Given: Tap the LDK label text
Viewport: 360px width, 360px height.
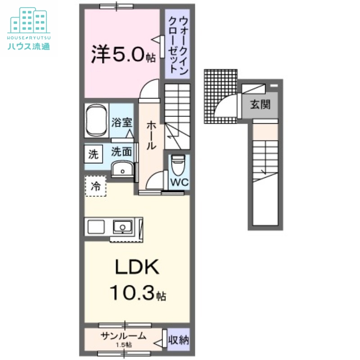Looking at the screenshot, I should click(136, 268).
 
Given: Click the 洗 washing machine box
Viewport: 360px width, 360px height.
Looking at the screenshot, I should click(93, 155).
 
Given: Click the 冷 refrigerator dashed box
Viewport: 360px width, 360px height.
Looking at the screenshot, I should click(95, 185).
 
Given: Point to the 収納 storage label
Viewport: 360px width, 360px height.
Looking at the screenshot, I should click(178, 340).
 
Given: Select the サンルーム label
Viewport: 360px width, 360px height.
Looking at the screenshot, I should click(123, 336).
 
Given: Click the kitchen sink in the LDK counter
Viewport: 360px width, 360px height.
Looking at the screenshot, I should click(122, 226).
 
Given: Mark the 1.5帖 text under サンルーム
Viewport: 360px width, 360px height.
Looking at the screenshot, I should click(122, 345).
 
